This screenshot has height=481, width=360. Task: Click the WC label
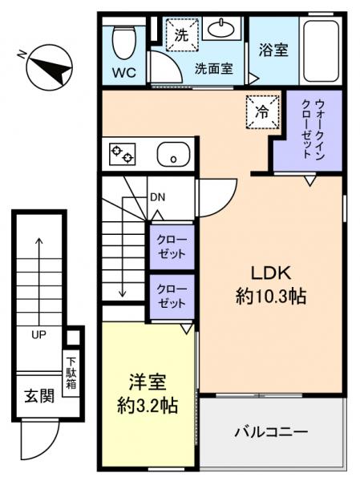[x=124, y=71]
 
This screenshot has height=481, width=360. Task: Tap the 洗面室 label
[x=213, y=70]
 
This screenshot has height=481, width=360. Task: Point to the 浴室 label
[x=273, y=50]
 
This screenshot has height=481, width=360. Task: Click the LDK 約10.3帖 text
[x=271, y=282]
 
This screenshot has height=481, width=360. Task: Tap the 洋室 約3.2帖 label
[x=148, y=394]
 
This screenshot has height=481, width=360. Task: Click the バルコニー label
[x=271, y=433]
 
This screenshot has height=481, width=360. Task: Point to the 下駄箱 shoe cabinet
[x=71, y=370]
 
